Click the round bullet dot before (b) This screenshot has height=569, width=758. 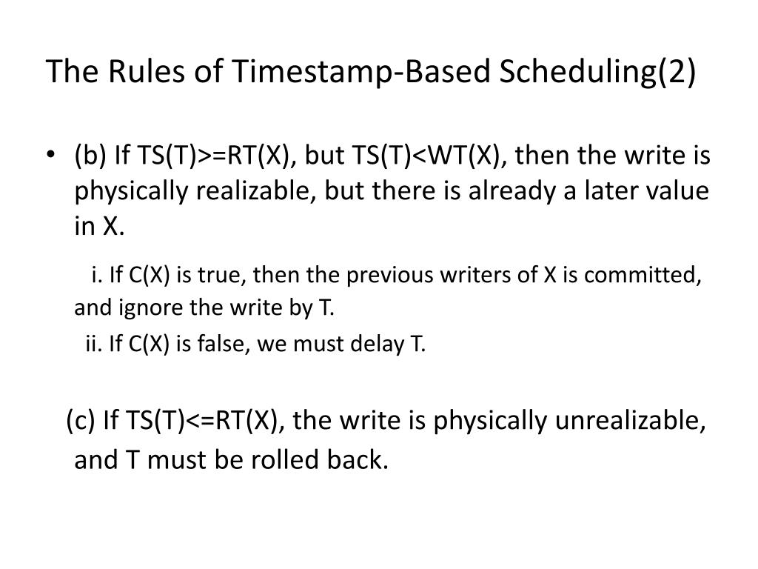tap(50, 157)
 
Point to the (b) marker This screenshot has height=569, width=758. tap(90, 157)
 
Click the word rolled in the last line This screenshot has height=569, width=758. tap(278, 460)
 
